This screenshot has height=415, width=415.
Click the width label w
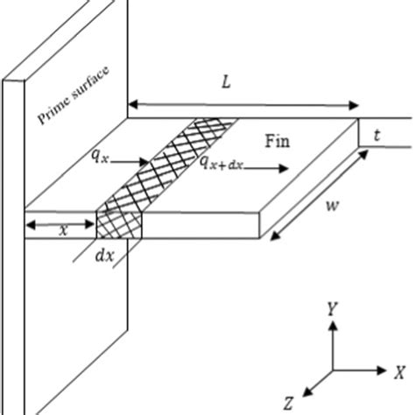(332, 207)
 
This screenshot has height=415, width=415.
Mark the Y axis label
(332, 309)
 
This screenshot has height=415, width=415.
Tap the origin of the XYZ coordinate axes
(332, 369)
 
